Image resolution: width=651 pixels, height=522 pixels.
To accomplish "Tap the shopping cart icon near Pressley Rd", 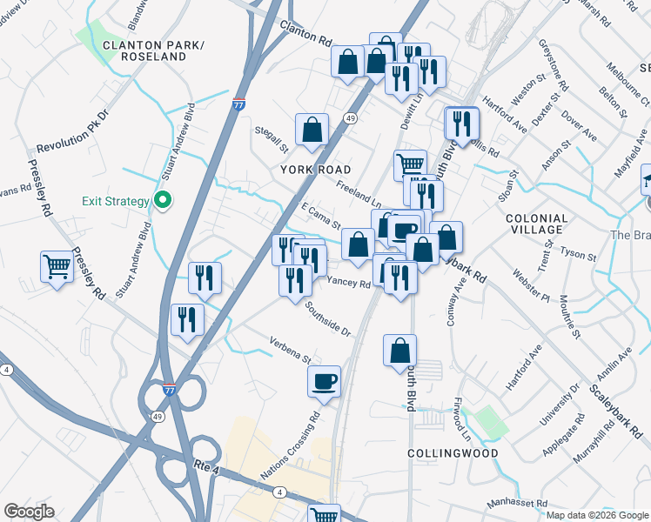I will click(x=57, y=266).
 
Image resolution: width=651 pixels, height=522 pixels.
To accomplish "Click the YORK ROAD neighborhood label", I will click(x=315, y=170).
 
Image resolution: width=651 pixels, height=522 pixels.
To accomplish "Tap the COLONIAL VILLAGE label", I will click(x=536, y=224).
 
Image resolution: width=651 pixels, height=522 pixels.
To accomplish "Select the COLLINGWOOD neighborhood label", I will click(x=453, y=453).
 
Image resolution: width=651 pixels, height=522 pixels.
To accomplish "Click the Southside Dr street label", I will click(x=327, y=319).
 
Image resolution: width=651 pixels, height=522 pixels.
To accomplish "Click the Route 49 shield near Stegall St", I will click(x=350, y=117).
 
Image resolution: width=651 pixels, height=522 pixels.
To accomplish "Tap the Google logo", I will click(x=30, y=512).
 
